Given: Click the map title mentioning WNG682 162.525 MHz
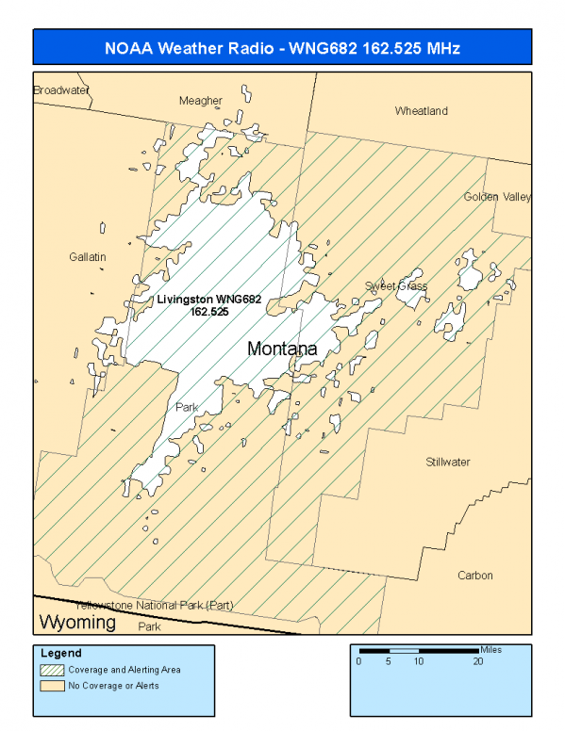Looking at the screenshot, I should (282, 47).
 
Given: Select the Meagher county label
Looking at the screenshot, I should (201, 101).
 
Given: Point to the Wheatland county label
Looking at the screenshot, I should (421, 111).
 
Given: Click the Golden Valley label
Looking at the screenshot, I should (497, 197).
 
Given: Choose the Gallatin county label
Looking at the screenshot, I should (88, 257).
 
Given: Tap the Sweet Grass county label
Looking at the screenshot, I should (396, 286).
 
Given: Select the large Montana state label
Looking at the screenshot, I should (282, 349).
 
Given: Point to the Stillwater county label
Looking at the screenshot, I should (447, 463).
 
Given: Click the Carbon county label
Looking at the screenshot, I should (475, 576).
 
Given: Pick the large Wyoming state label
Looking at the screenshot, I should (76, 623).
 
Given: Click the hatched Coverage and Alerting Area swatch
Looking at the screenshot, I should (52, 670).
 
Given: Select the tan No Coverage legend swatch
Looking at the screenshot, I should (52, 685).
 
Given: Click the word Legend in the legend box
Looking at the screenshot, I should (61, 653).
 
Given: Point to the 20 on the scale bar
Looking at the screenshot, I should (478, 661).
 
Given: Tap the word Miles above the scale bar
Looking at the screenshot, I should (490, 649).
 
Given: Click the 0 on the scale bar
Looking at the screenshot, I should (358, 661).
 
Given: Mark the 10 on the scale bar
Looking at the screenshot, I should (418, 661).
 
